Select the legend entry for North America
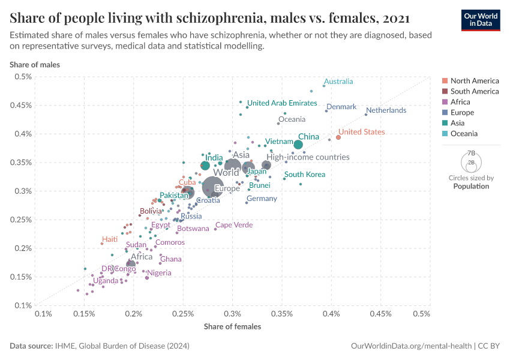click(x=474, y=81)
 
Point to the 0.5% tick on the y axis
click(x=23, y=77)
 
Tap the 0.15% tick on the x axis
click(x=84, y=314)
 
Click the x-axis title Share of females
click(x=232, y=326)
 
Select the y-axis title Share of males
click(x=34, y=64)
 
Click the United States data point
click(x=338, y=137)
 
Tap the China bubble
click(x=298, y=145)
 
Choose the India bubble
click(x=205, y=166)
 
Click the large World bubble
click(x=213, y=187)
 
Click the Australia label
click(x=338, y=82)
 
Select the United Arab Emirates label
click(x=282, y=103)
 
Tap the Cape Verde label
click(x=234, y=225)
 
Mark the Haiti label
click(x=110, y=239)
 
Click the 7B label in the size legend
click(x=471, y=154)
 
